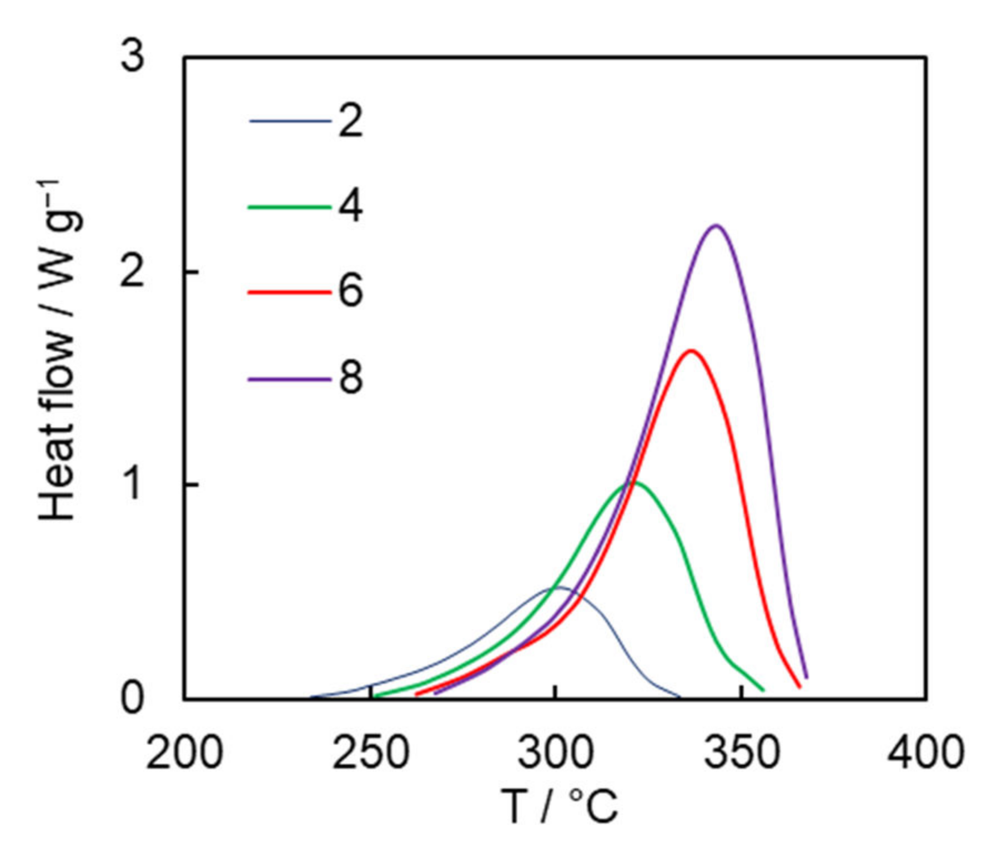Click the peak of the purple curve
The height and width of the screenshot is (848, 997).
pyautogui.click(x=716, y=225)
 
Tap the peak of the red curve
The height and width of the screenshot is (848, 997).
pyautogui.click(x=691, y=350)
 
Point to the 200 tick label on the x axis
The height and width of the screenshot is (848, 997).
pyautogui.click(x=184, y=753)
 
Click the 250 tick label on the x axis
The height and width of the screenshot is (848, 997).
pyautogui.click(x=370, y=753)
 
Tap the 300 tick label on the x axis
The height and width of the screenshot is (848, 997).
pyautogui.click(x=556, y=753)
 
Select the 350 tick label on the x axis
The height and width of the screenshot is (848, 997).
pyautogui.click(x=742, y=753)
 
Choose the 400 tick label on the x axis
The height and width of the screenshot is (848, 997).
pyautogui.click(x=926, y=753)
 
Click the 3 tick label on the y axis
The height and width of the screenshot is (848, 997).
pyautogui.click(x=133, y=57)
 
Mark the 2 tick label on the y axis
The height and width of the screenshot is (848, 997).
pyautogui.click(x=133, y=271)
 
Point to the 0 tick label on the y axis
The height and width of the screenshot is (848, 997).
pyautogui.click(x=133, y=698)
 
